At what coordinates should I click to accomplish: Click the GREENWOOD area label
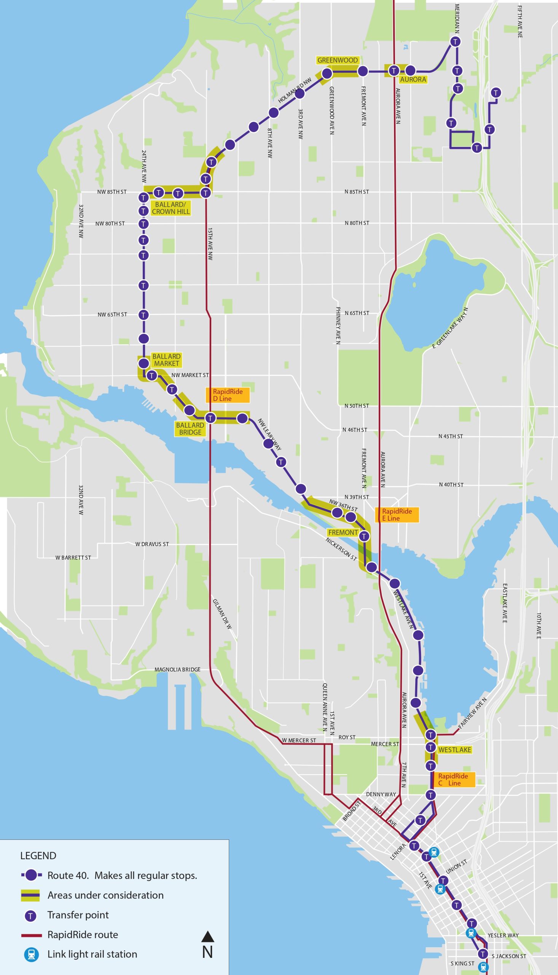pyautogui.click(x=337, y=60)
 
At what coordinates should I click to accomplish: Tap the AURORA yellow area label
pyautogui.click(x=413, y=79)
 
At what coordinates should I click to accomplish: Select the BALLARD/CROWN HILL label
pyautogui.click(x=171, y=208)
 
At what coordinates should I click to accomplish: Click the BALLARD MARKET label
pyautogui.click(x=166, y=360)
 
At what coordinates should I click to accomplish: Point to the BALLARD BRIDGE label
pyautogui.click(x=190, y=428)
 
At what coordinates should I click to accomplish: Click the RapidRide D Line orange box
pyautogui.click(x=228, y=395)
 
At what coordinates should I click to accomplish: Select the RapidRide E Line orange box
pyautogui.click(x=397, y=515)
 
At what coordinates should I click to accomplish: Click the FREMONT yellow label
pyautogui.click(x=343, y=532)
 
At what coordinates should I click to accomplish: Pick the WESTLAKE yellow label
pyautogui.click(x=454, y=750)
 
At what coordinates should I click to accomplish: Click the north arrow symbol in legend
pyautogui.click(x=207, y=937)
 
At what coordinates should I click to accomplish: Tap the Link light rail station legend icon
pyautogui.click(x=31, y=954)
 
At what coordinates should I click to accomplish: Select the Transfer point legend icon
pyautogui.click(x=30, y=915)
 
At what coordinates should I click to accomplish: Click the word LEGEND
pyautogui.click(x=38, y=856)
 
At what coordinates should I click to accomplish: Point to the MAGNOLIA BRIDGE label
pyautogui.click(x=177, y=670)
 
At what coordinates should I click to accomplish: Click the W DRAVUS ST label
pyautogui.click(x=152, y=544)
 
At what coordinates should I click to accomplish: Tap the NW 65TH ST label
pyautogui.click(x=112, y=314)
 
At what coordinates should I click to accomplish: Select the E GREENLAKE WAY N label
pyautogui.click(x=450, y=328)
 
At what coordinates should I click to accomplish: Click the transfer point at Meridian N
pyautogui.click(x=455, y=42)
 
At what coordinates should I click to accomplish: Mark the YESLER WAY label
pyautogui.click(x=503, y=935)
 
